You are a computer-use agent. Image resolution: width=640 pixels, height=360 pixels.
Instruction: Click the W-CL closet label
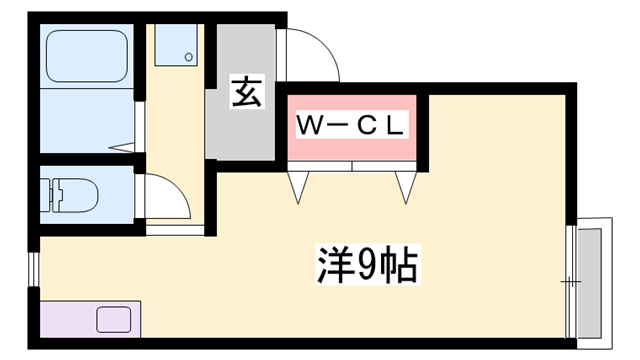tap(351, 126)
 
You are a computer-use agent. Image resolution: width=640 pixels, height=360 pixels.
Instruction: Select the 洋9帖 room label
tap(366, 266)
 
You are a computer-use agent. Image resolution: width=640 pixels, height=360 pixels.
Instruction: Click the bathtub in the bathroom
tap(88, 57)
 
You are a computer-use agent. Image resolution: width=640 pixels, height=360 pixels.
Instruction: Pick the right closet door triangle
tap(406, 186)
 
